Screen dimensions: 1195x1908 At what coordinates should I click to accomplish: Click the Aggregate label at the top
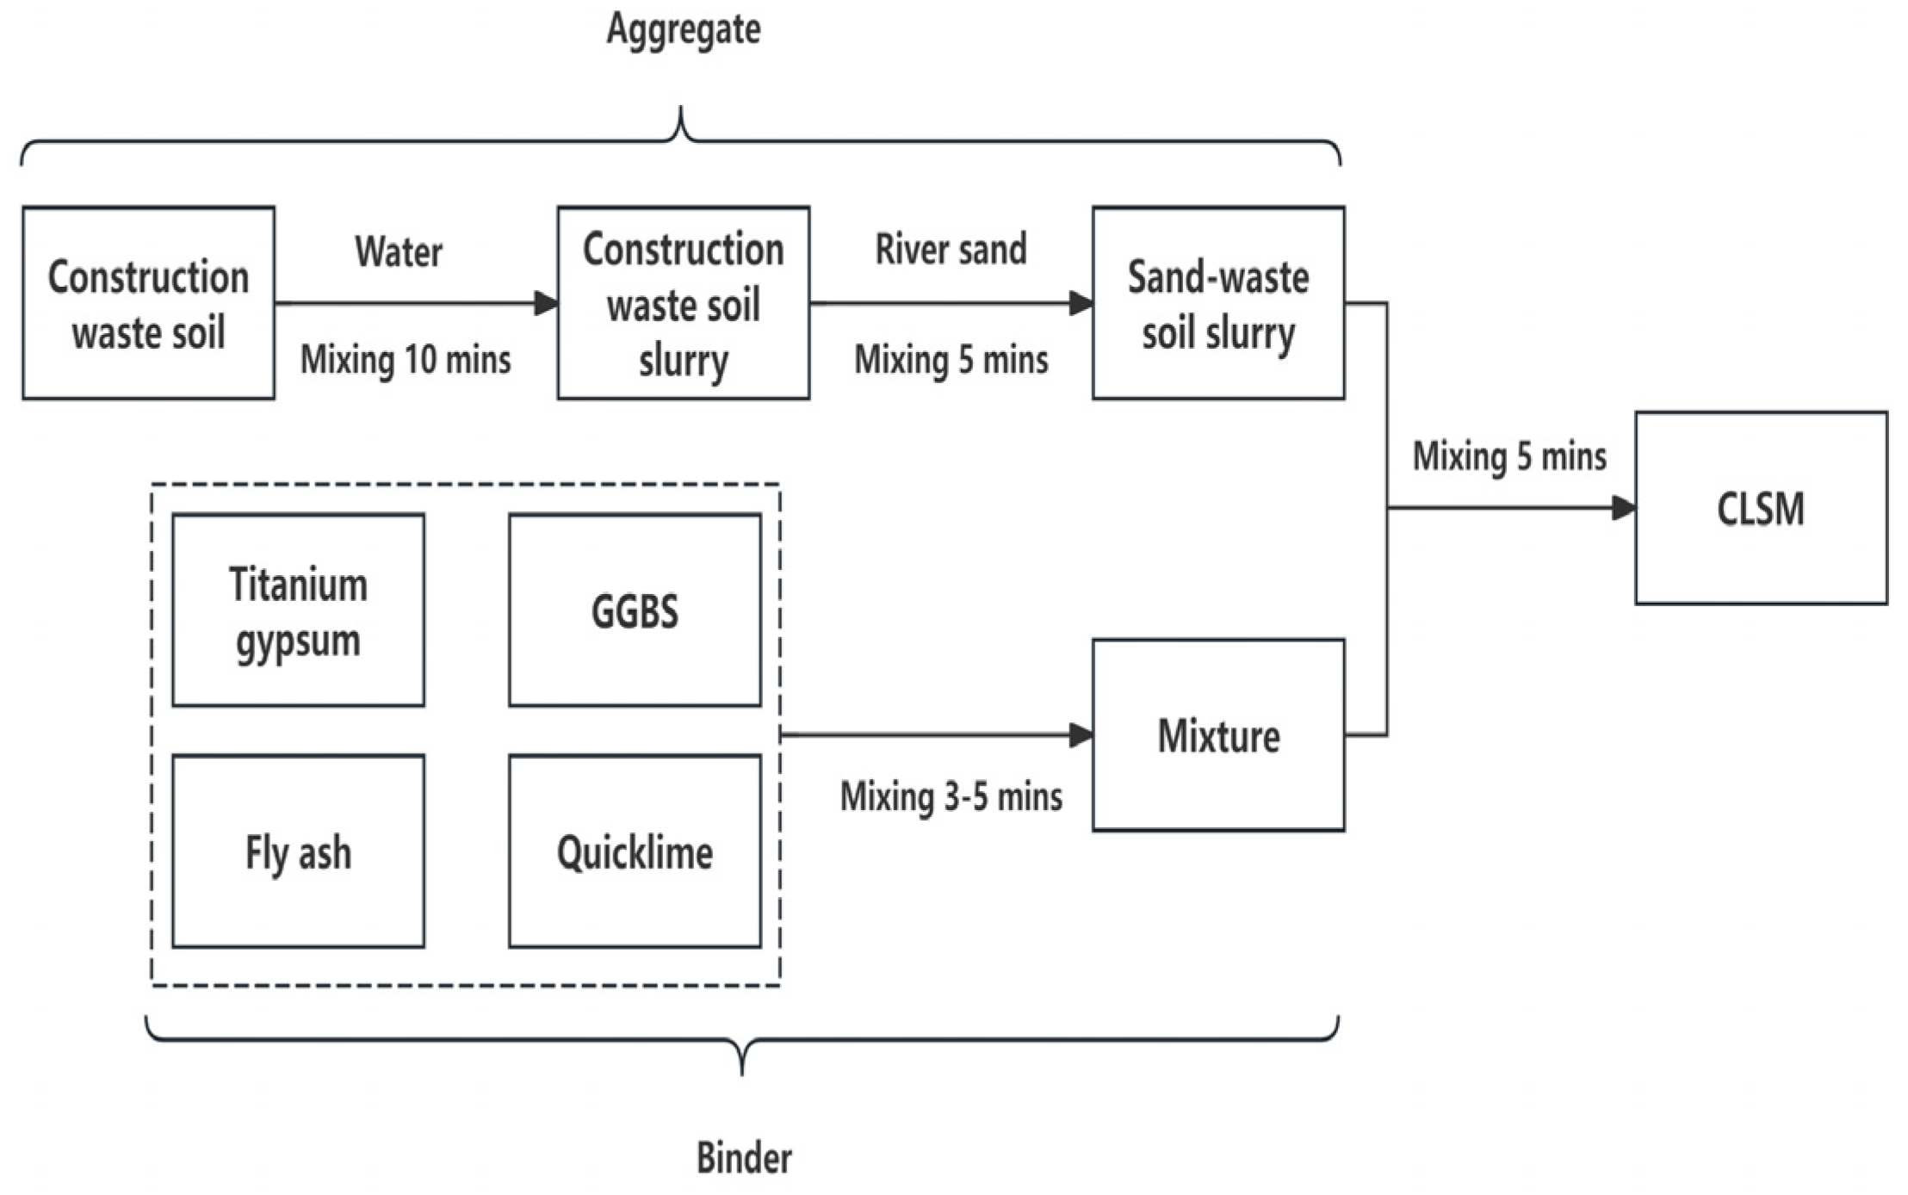point(684,30)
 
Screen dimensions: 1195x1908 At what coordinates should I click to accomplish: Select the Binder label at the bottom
point(744,1158)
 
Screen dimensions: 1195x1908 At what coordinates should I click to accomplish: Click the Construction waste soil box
point(148,303)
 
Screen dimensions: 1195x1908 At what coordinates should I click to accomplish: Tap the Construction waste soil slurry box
point(683,303)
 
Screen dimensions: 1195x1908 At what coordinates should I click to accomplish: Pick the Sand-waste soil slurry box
point(1218,303)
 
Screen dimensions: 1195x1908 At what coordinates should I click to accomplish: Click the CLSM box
point(1761,508)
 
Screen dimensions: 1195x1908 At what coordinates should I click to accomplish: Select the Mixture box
point(1218,735)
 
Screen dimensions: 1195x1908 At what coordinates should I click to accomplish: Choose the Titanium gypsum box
point(298,610)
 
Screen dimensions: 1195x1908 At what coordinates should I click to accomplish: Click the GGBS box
point(635,610)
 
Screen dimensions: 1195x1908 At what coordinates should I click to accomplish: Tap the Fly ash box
point(298,852)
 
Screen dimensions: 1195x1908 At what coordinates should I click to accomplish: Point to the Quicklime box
point(635,852)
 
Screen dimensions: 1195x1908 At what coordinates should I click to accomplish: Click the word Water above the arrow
point(399,252)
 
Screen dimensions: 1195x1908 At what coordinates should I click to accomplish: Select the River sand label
point(951,250)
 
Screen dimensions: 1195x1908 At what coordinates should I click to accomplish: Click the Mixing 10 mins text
point(406,359)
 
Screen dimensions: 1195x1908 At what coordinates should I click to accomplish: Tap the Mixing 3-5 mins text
point(951,796)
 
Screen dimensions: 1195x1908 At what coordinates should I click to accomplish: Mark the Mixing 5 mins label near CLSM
point(1509,456)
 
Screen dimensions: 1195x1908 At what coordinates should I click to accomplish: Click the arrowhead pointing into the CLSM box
point(1623,508)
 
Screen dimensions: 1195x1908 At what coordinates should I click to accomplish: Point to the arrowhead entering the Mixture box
point(1081,735)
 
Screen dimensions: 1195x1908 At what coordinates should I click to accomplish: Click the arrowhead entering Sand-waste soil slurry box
point(1081,303)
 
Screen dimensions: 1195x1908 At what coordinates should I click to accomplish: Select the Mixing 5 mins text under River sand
point(951,359)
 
